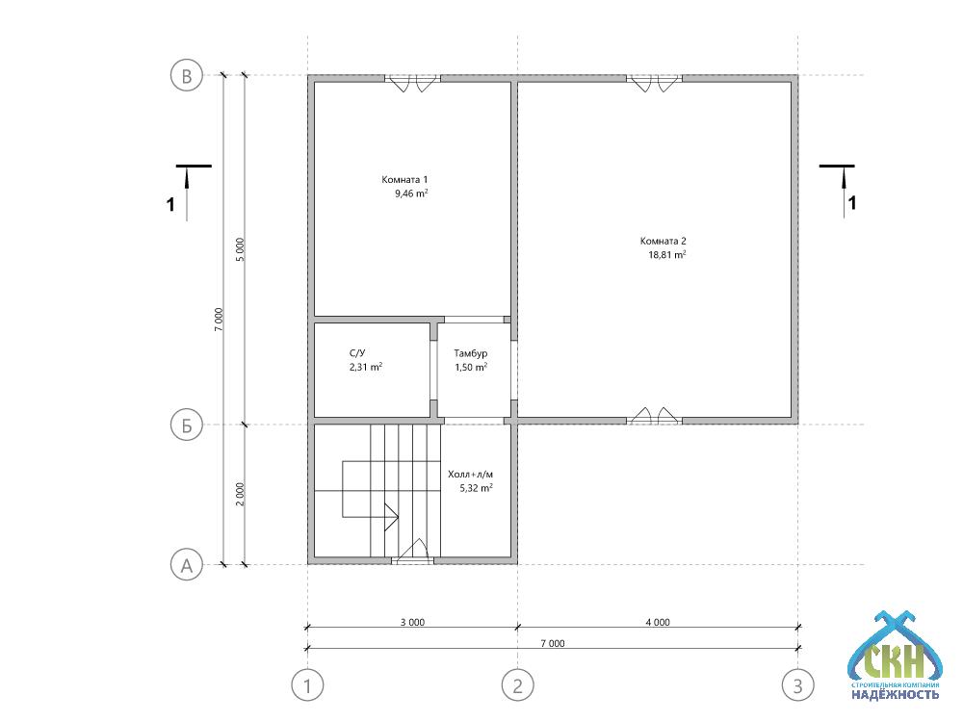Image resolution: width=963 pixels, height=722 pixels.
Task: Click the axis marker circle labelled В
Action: [186, 75]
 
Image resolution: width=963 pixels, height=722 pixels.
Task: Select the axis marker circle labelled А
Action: [186, 565]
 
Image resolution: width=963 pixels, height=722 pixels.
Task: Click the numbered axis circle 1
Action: [307, 685]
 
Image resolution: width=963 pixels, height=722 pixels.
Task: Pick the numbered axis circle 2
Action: [517, 685]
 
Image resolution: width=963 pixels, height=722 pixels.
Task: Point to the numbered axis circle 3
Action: [797, 685]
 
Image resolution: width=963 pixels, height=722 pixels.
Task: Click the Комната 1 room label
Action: [404, 180]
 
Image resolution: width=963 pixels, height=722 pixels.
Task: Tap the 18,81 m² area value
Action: [667, 255]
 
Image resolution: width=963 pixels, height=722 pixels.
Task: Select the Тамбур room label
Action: [471, 353]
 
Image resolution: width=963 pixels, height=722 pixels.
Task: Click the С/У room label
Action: [357, 353]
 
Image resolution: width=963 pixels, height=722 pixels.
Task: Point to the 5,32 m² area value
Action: [477, 489]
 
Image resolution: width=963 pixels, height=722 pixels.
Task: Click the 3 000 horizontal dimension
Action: [413, 622]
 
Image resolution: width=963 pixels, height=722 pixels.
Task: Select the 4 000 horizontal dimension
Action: [658, 622]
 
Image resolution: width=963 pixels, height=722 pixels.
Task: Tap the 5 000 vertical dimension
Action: [240, 250]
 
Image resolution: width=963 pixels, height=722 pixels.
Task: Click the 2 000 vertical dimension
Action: [240, 494]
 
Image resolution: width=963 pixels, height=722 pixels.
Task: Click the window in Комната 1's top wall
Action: [413, 82]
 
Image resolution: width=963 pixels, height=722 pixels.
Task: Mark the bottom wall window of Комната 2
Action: [655, 416]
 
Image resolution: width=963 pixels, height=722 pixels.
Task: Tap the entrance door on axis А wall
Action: [413, 552]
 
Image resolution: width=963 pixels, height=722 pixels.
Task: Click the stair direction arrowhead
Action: [391, 517]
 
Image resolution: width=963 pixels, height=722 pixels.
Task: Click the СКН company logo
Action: [895, 656]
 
